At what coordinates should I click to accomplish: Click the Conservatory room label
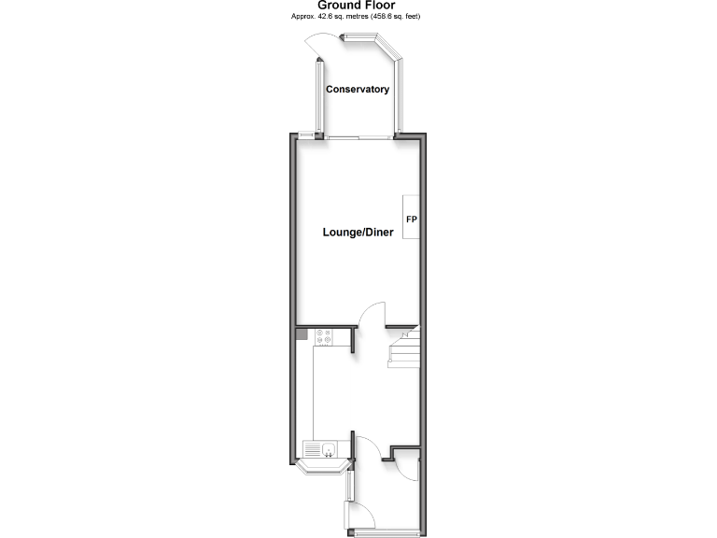pos(357,90)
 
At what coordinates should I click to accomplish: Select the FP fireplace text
pos(411,219)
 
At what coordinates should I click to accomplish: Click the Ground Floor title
pos(358,5)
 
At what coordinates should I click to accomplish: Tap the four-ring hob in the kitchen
pos(324,337)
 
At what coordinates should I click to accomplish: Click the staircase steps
pos(403,351)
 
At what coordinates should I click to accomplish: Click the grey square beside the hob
pos(301,333)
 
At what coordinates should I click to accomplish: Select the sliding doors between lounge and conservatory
pos(358,138)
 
